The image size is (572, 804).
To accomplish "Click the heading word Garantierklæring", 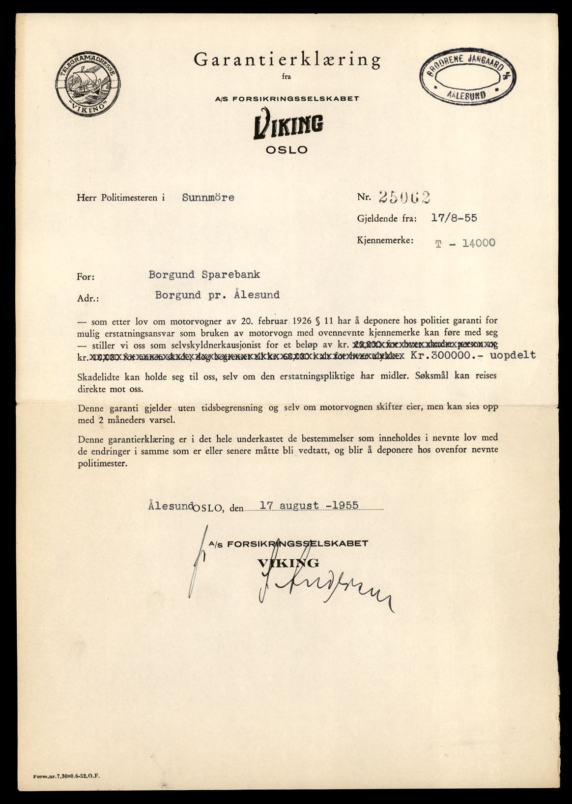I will [287, 60].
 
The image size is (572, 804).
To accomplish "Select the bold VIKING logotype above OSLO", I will [288, 126].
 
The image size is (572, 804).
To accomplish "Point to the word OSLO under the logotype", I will [286, 150].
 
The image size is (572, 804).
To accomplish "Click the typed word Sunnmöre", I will [208, 198].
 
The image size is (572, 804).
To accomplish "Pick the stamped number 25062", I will [404, 197].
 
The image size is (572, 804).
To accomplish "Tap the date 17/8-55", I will [454, 218].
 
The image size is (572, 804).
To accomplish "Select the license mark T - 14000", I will [465, 242].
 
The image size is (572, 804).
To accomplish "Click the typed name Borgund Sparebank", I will [204, 275].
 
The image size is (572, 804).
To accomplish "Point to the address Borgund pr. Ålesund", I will [217, 295].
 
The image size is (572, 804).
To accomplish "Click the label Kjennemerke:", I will [385, 240].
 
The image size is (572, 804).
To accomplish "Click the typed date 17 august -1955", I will [309, 505].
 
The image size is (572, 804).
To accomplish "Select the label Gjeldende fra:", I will [387, 219].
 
